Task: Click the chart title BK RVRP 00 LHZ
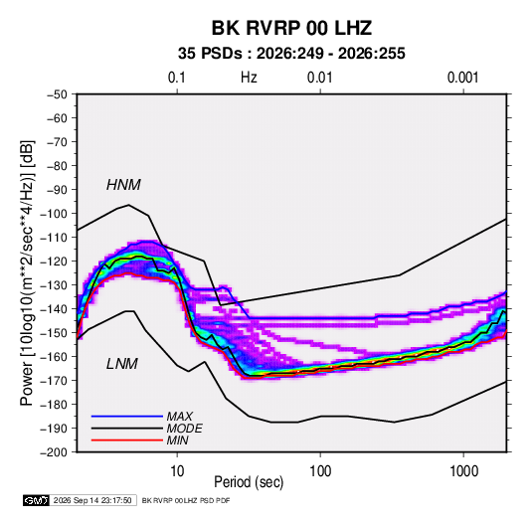[291, 28]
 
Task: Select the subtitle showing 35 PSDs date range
[291, 54]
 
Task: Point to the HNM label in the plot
[123, 185]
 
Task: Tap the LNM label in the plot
[122, 364]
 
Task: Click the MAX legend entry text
[179, 416]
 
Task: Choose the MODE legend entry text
[184, 429]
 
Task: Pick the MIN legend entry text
[177, 440]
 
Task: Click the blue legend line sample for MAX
[127, 417]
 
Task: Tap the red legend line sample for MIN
[127, 440]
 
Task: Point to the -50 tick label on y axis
[57, 94]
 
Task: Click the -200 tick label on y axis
[54, 452]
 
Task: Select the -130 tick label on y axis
[54, 285]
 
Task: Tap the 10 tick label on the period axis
[177, 471]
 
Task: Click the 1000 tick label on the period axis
[463, 471]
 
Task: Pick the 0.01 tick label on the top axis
[319, 78]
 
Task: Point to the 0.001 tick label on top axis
[462, 78]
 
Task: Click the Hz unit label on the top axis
[249, 78]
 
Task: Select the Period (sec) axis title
[249, 482]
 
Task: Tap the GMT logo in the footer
[37, 500]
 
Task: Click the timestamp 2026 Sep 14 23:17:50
[92, 500]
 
